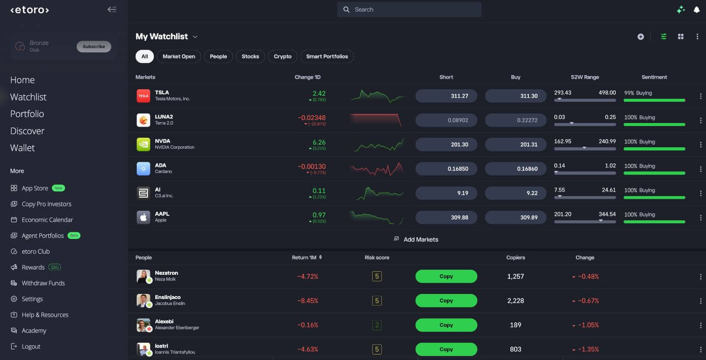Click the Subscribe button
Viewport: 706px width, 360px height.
[94, 47]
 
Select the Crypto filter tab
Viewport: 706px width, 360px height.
[282, 56]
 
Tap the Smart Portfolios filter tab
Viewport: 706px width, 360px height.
[327, 56]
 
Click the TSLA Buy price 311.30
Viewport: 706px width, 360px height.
[515, 96]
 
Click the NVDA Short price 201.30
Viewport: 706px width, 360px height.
[446, 144]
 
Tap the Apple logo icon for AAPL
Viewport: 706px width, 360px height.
[143, 217]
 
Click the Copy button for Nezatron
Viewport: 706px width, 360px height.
[446, 276]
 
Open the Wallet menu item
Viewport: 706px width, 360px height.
[22, 148]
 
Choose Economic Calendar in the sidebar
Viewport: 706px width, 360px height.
[47, 220]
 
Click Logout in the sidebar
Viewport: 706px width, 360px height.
[31, 346]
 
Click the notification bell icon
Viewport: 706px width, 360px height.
[696, 10]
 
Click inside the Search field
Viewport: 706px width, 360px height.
[409, 10]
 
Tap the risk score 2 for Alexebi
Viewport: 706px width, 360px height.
[377, 325]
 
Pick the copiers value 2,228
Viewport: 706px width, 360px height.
[515, 301]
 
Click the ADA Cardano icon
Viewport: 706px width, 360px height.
[143, 168]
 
